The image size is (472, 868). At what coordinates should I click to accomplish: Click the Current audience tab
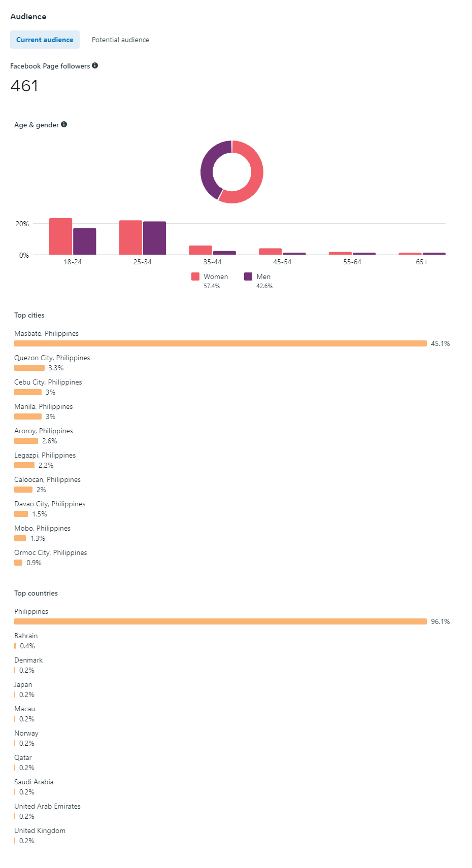[45, 40]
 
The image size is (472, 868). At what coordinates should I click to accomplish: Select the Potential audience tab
[120, 40]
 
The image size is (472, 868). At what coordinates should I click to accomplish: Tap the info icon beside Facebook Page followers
[95, 65]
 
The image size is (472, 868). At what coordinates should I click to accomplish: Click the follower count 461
[24, 86]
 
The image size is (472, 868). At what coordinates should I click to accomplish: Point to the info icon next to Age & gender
[64, 124]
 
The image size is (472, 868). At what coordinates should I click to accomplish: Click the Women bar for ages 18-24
[60, 236]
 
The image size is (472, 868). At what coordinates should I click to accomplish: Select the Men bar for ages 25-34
[154, 238]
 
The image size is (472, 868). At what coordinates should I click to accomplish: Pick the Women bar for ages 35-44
[200, 250]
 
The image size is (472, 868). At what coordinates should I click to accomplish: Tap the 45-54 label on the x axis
[282, 262]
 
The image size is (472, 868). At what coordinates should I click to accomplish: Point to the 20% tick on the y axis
[22, 224]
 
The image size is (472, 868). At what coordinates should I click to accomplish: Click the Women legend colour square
[195, 276]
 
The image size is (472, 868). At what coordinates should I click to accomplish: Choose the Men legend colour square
[248, 276]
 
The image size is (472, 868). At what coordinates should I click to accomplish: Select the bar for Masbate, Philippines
[220, 343]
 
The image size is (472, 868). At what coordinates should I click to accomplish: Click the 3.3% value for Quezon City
[56, 368]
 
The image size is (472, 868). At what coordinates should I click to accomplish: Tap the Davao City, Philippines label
[50, 504]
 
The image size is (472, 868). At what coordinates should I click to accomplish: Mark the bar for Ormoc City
[18, 563]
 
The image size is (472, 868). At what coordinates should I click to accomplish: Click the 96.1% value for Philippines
[440, 621]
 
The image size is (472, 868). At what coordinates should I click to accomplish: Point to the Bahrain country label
[26, 636]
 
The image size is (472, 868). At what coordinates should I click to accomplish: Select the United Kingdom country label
[40, 830]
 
